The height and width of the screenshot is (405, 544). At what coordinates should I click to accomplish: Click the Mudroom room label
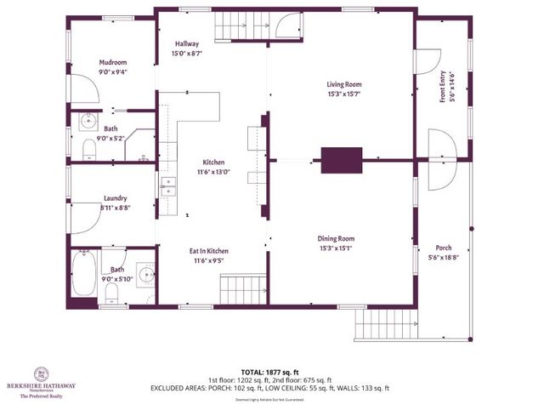click(x=113, y=62)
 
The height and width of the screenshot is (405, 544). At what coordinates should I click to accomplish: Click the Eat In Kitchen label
click(x=208, y=252)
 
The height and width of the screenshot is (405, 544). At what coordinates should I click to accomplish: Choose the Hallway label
click(x=186, y=43)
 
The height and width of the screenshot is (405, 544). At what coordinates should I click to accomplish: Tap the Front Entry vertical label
click(x=442, y=88)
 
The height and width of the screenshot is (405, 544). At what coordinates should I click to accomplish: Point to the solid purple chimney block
click(x=341, y=158)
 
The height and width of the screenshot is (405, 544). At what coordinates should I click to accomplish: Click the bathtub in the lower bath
click(x=83, y=275)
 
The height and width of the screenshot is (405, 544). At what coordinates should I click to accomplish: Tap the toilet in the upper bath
click(x=89, y=151)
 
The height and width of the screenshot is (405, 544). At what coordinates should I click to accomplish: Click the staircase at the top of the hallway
click(x=240, y=26)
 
